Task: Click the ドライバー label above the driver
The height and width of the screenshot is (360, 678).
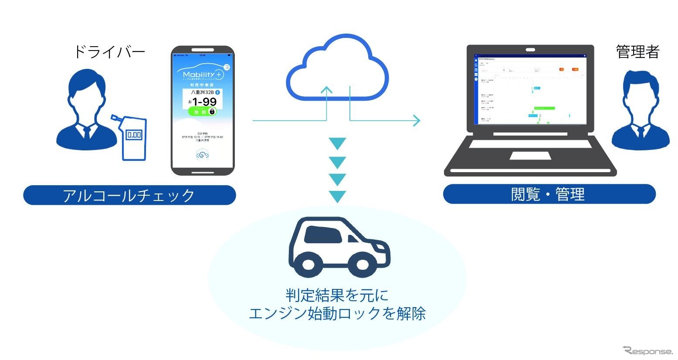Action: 109,52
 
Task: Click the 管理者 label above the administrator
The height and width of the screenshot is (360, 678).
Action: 637,52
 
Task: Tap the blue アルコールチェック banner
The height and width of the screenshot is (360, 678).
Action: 129,195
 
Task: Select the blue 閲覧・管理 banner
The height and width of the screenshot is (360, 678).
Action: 549,194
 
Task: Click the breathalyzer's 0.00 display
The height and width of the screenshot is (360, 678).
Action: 134,135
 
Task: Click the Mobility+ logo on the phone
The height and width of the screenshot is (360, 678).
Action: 203,75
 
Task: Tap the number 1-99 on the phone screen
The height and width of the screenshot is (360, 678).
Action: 204,102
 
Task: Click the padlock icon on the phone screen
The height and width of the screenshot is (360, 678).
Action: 212,112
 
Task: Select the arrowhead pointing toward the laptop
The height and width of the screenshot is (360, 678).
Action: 417,120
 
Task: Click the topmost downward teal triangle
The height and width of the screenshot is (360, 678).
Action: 337,143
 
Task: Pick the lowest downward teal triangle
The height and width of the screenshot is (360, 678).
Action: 337,197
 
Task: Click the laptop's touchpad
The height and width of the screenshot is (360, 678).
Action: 530,156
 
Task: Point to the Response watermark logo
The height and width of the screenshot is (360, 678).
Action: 648,350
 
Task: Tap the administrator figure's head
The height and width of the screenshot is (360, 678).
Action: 640,92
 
